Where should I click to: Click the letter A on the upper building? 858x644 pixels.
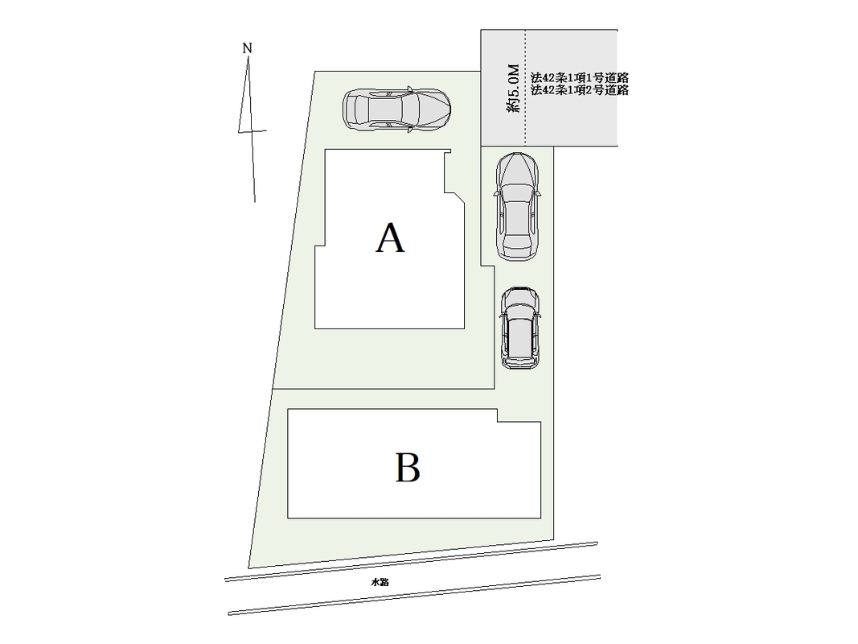pyautogui.click(x=390, y=239)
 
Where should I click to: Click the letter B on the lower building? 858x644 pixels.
pyautogui.click(x=408, y=468)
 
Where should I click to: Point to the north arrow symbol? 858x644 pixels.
pyautogui.click(x=251, y=129)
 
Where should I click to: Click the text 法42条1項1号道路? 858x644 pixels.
pyautogui.click(x=579, y=78)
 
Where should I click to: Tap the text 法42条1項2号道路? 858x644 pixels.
pyautogui.click(x=579, y=91)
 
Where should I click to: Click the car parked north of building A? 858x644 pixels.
pyautogui.click(x=396, y=109)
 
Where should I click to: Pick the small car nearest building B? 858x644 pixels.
pyautogui.click(x=520, y=328)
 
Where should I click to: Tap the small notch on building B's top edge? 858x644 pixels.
pyautogui.click(x=497, y=415)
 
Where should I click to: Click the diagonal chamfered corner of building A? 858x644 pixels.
pyautogui.click(x=457, y=197)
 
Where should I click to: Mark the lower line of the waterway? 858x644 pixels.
pyautogui.click(x=414, y=595)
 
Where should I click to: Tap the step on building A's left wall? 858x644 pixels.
pyautogui.click(x=319, y=246)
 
